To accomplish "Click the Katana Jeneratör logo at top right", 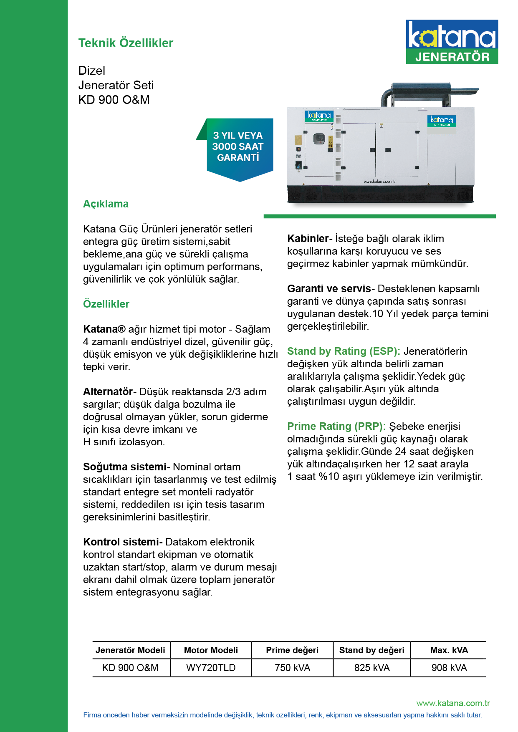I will [x=452, y=42].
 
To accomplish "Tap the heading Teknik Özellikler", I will [x=126, y=43].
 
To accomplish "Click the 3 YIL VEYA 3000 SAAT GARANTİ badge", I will [x=238, y=147].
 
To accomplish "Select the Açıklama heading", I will [x=106, y=204].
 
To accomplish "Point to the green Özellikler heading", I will [x=106, y=304].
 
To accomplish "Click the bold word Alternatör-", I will [x=109, y=392].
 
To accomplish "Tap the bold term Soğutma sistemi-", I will [x=126, y=467].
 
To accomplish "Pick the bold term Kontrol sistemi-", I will [x=123, y=542].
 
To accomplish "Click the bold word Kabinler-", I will [x=309, y=239].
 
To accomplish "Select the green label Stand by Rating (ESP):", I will [x=344, y=351].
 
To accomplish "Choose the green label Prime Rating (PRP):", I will [x=336, y=427].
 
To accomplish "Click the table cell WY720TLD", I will [x=211, y=668].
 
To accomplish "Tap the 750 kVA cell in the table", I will [x=292, y=668].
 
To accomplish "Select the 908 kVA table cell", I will [x=449, y=668].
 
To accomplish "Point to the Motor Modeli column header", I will [x=211, y=650].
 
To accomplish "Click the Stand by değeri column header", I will [x=371, y=650].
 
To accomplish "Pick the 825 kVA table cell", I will [x=371, y=668].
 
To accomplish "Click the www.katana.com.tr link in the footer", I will [x=453, y=703].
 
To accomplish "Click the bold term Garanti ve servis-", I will [x=331, y=289].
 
